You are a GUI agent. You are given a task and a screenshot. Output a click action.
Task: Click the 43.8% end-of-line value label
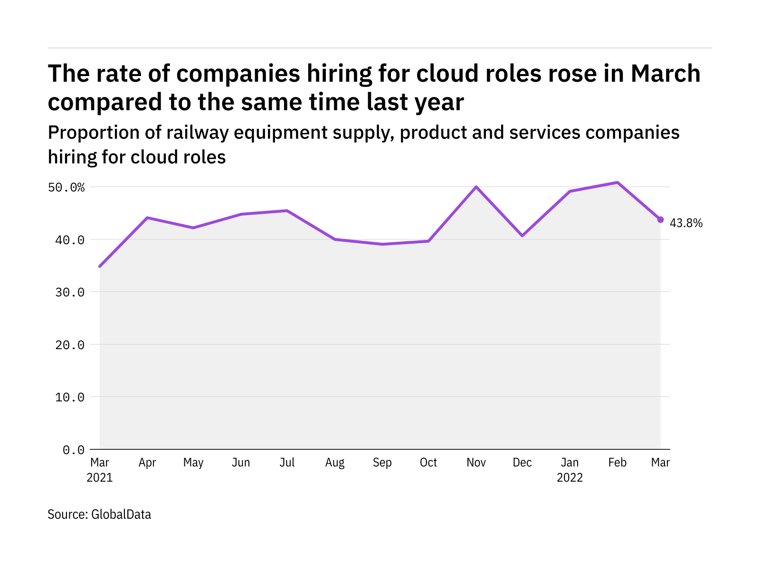click(686, 223)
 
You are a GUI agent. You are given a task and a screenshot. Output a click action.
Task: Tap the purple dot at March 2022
click(660, 219)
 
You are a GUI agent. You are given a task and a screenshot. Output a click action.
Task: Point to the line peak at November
click(476, 187)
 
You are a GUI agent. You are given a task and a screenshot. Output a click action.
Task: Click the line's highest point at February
click(617, 182)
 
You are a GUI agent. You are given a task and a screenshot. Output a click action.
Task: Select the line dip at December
click(522, 236)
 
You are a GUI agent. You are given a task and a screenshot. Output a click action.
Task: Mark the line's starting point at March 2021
click(100, 266)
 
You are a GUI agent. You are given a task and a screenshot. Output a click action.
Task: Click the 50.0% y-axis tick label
click(66, 188)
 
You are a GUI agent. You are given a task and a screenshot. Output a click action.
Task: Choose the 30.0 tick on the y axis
click(70, 293)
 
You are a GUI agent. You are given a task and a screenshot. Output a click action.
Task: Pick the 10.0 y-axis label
click(70, 397)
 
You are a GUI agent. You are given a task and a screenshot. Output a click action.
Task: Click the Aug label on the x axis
click(335, 463)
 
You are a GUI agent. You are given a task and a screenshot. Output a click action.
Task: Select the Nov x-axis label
click(476, 463)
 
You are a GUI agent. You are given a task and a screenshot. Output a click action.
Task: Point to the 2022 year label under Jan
click(570, 477)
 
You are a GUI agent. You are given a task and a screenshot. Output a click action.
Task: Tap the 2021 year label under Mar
click(100, 477)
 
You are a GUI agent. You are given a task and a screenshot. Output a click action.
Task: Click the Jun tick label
click(241, 463)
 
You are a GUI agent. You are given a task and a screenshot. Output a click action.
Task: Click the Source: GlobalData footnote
click(99, 514)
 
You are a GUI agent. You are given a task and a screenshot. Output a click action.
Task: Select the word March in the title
click(665, 74)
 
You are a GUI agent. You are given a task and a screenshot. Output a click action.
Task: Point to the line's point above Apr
click(147, 218)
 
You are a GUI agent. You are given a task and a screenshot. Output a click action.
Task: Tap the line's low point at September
click(382, 244)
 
